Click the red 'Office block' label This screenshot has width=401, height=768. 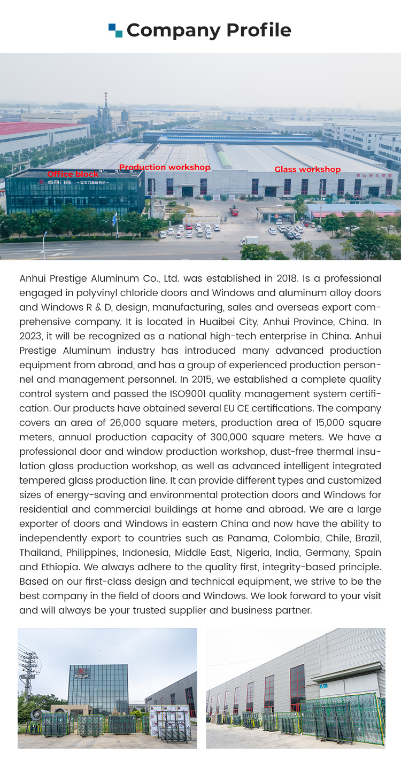point(73,174)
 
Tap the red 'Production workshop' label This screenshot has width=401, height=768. point(165,167)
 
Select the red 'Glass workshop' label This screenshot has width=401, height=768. point(307,169)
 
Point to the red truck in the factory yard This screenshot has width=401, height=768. point(234,212)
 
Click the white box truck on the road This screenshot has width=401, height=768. point(249,241)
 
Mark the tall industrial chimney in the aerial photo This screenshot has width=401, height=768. point(106,107)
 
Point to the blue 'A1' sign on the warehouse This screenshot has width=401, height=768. point(323,686)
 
